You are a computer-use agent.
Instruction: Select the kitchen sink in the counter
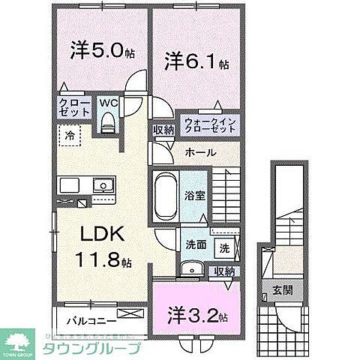point(100,185)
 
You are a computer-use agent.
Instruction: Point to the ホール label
point(200,153)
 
